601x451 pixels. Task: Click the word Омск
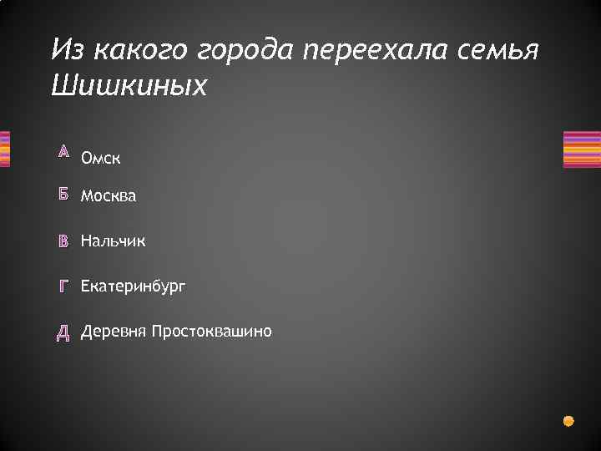tap(101, 158)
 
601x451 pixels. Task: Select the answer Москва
tap(109, 196)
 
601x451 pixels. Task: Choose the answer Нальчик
tap(113, 241)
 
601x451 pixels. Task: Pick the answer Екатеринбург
tap(134, 286)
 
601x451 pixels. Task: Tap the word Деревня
tap(114, 332)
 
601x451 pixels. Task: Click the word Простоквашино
tap(212, 332)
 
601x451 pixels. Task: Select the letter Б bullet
tap(63, 195)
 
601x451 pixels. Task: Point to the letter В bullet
tap(63, 241)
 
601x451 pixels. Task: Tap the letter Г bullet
tap(63, 286)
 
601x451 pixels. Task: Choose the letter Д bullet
tap(63, 332)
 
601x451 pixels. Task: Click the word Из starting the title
tap(69, 52)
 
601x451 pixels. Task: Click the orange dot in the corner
tap(569, 420)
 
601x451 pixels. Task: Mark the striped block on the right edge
tap(582, 149)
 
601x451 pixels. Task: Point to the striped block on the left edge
tap(4, 149)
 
